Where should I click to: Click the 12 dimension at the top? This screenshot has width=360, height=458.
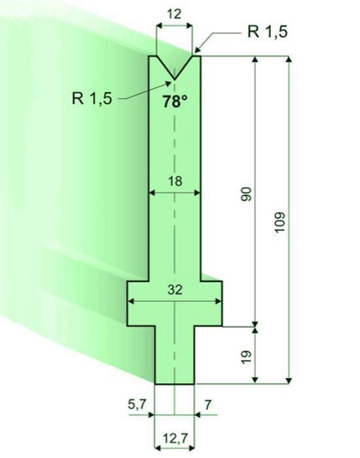[175, 14]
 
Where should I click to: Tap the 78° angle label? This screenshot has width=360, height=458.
[175, 102]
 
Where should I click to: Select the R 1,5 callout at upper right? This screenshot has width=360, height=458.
[267, 31]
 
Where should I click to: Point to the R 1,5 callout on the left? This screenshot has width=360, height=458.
[92, 98]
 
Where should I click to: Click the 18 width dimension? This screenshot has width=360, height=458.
[175, 181]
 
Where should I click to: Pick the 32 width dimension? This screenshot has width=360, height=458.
[175, 289]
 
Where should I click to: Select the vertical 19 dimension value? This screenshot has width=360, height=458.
[246, 357]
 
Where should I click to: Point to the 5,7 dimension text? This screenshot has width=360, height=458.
[137, 404]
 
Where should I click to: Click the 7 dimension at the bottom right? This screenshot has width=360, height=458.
[207, 405]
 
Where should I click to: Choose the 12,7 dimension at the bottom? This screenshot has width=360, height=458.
[175, 438]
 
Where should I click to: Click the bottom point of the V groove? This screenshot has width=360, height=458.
[175, 79]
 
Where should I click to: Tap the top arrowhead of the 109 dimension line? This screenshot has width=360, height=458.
[289, 60]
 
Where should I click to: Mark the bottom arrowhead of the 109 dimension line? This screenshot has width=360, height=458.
[289, 380]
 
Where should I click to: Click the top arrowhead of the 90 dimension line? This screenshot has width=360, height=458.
[255, 60]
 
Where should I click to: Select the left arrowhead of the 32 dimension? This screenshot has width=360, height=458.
[132, 301]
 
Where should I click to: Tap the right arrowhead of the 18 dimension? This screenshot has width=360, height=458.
[197, 192]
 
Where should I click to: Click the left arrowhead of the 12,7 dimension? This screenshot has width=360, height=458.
[158, 448]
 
